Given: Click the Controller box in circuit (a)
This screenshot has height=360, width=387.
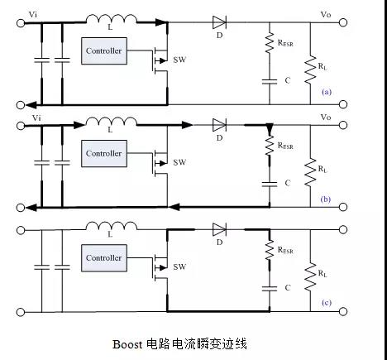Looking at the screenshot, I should pyautogui.click(x=103, y=51).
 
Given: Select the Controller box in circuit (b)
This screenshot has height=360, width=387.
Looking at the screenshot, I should pyautogui.click(x=103, y=153).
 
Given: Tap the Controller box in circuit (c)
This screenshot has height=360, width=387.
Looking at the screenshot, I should pyautogui.click(x=103, y=257).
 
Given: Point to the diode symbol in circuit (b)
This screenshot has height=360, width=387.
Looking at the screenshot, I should pyautogui.click(x=219, y=125).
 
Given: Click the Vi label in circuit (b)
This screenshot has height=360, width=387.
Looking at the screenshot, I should pyautogui.click(x=36, y=118).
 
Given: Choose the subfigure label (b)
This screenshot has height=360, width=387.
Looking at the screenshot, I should pyautogui.click(x=327, y=199).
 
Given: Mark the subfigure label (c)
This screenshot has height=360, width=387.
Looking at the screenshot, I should pyautogui.click(x=327, y=303).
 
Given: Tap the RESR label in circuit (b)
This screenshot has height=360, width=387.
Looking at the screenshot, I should pyautogui.click(x=285, y=146).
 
